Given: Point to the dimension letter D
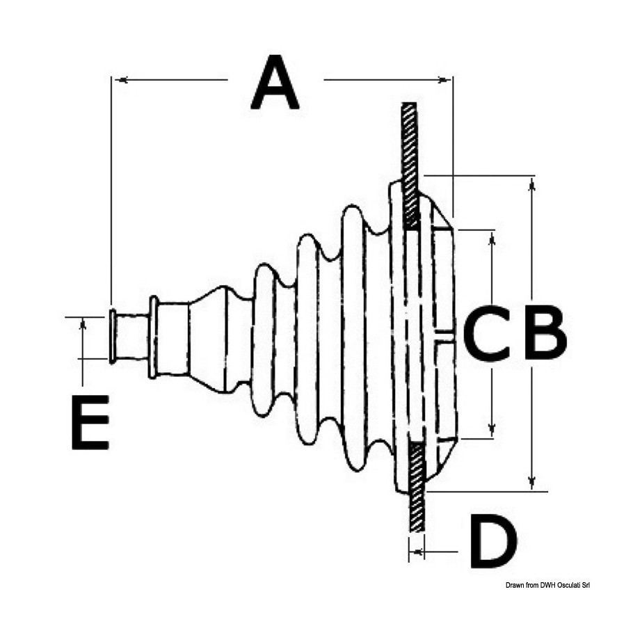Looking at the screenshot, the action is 493,541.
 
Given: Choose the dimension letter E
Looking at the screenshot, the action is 90,422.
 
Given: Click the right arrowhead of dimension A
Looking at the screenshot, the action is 444,80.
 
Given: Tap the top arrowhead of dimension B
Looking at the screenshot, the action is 531,185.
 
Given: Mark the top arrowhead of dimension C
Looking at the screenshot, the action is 492,239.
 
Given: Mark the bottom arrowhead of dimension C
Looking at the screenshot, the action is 492,430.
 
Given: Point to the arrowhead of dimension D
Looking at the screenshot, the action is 418,552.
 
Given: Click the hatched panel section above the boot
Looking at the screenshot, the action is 410,164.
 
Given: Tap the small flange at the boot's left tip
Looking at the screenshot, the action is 112,336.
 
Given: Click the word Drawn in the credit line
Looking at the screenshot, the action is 514,585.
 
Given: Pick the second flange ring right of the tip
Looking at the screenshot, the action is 153,336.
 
